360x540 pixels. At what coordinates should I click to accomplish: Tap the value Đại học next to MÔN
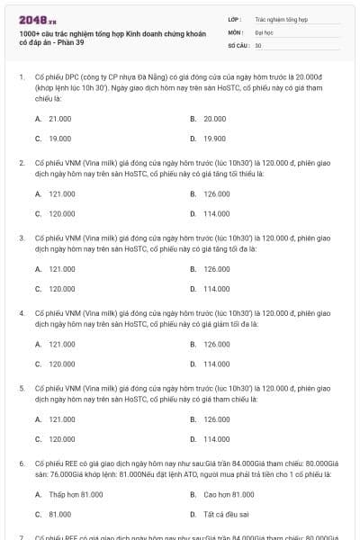[264, 31]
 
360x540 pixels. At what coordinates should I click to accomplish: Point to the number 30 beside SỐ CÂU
[257, 44]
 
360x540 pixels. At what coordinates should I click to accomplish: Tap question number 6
[22, 463]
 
